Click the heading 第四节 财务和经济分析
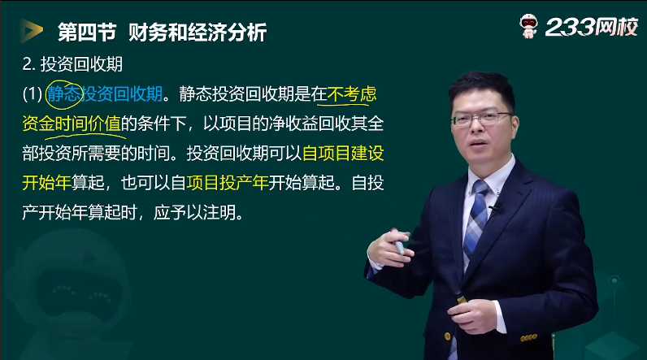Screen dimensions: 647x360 tap(163, 33)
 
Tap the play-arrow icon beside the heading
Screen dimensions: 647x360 tap(31, 31)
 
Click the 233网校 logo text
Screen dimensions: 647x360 tap(591, 28)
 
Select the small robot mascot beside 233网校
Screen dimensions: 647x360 tap(528, 25)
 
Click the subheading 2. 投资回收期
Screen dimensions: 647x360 tap(72, 64)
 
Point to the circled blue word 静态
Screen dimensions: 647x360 tap(63, 94)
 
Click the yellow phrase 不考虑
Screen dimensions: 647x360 tap(352, 94)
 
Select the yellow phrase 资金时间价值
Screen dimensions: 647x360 tap(72, 124)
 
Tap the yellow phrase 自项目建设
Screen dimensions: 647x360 tap(343, 154)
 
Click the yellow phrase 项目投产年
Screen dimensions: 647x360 tap(228, 183)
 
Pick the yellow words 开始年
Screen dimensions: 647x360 tap(46, 183)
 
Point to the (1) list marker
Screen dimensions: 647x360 tap(33, 94)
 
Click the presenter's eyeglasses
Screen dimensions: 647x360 tap(481, 119)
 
